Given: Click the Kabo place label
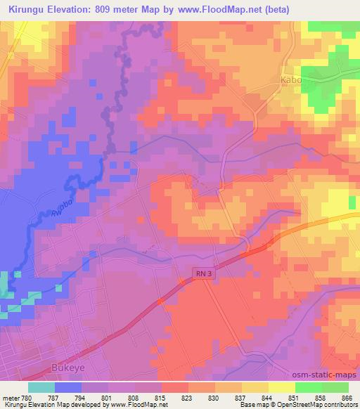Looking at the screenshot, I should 291,80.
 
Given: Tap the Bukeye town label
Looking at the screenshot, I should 68,367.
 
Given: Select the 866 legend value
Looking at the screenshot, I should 348,397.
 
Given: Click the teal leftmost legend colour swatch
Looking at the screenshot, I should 41,387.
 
